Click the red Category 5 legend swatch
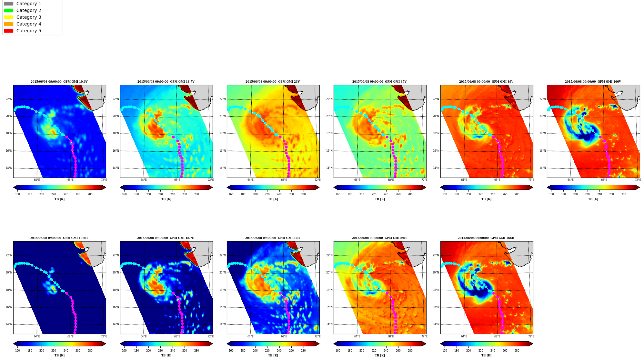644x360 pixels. tap(9, 31)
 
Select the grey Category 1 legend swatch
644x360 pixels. tap(9, 4)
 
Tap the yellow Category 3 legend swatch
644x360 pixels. tap(9, 17)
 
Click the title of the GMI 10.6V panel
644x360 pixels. tap(59, 82)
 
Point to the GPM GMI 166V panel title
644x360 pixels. tap(593, 82)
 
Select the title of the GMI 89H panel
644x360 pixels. tap(379, 238)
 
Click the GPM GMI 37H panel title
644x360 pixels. tap(272, 238)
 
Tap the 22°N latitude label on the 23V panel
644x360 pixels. tap(222, 99)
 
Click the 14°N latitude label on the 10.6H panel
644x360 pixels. tap(9, 324)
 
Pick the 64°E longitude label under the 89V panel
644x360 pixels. tap(464, 180)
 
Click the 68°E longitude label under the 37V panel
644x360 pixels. tap(391, 180)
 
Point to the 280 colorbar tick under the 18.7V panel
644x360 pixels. tap(196, 194)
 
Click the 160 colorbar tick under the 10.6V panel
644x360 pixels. tap(17, 194)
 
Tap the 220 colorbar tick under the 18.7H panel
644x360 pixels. tap(160, 351)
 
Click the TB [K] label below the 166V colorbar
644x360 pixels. tap(593, 199)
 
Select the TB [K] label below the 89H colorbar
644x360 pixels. tap(380, 355)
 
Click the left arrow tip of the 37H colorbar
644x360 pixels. tap(227, 344)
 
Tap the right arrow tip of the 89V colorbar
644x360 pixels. tap(533, 187)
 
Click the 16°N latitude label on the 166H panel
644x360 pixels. tap(436, 307)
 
